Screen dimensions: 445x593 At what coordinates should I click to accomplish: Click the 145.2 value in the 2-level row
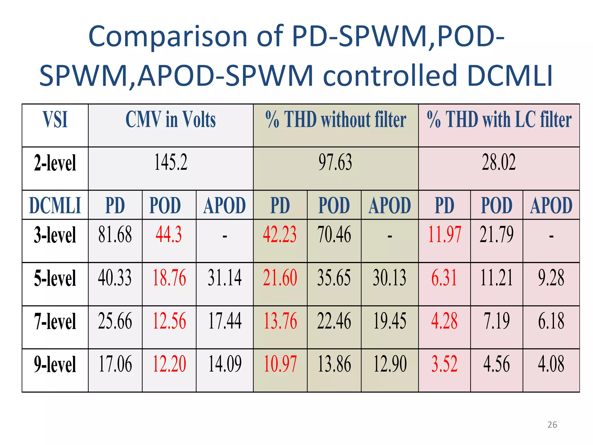coord(171,163)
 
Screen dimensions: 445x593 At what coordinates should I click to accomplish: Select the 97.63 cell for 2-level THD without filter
coord(335,163)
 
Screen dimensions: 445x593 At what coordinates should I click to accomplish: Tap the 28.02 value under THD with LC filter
coord(499,163)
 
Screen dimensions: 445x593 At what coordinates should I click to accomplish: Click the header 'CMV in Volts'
coord(171,120)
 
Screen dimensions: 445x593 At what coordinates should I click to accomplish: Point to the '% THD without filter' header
coord(336,120)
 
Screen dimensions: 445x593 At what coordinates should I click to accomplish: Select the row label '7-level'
coord(55,322)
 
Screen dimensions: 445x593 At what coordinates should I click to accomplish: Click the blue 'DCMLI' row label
coord(55,205)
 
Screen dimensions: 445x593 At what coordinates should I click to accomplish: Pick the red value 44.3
coord(169,235)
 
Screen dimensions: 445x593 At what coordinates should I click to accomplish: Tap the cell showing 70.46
coord(334,235)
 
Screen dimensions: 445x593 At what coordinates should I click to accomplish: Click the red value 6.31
coord(444,278)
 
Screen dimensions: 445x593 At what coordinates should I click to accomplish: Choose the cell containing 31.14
coord(225,278)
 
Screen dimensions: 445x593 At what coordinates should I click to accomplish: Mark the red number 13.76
coord(280,321)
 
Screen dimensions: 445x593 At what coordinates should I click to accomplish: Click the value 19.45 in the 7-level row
coord(390,321)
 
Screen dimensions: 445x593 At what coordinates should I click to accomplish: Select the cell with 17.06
coord(115,364)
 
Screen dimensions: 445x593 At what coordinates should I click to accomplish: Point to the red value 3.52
coord(444,364)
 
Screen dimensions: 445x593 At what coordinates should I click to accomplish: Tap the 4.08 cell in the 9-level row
coord(551,364)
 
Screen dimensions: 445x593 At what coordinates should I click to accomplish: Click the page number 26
coord(552,425)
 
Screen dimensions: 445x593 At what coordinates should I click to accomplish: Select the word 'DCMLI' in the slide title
coord(510,76)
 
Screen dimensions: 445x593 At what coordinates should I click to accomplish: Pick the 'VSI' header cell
coord(55,120)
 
